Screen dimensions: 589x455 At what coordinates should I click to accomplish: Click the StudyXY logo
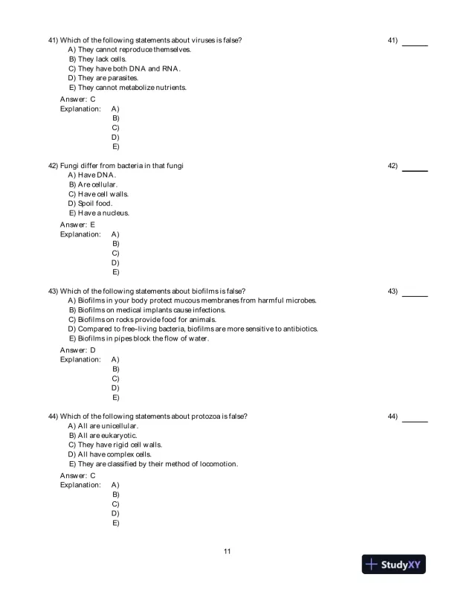(394, 564)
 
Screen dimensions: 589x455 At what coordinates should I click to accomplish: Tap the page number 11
(227, 551)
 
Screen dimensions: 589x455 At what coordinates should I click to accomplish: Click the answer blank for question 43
(415, 295)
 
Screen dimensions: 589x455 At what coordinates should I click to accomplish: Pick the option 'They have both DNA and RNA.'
(125, 68)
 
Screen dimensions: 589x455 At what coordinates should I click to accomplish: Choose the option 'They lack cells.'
(97, 59)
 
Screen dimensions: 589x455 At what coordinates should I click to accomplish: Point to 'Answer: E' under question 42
(77, 224)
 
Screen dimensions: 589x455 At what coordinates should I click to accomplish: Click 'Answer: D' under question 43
(77, 350)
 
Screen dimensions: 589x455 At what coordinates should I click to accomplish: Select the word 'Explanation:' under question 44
(80, 485)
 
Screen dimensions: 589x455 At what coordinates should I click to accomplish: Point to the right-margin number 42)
(393, 165)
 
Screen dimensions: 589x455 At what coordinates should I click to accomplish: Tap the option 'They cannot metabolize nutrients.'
(127, 87)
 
